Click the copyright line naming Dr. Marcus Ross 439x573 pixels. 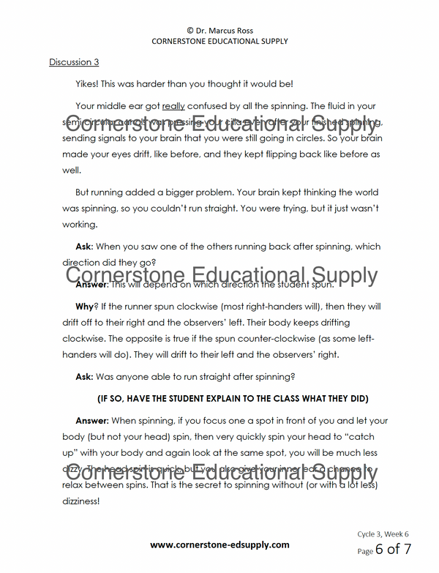(219, 31)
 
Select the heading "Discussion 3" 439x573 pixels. (74, 62)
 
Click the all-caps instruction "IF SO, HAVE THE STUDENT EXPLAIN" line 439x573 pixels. (232, 399)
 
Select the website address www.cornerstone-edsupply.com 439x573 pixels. (219, 545)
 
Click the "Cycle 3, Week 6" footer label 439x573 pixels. (383, 534)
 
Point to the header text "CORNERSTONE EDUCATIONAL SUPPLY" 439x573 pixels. (219, 42)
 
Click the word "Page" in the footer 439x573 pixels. (365, 551)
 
